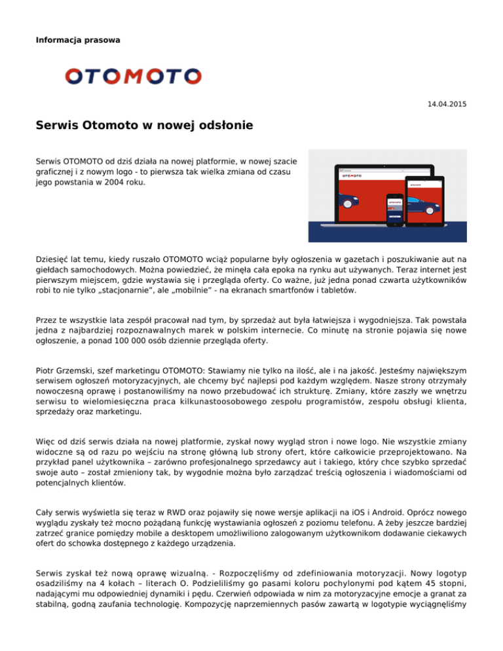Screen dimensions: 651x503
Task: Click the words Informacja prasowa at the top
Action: [x=78, y=40]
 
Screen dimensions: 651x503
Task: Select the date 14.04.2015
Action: [x=447, y=104]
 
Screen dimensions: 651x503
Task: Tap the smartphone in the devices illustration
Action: [x=394, y=208]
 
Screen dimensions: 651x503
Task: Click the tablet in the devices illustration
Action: [x=426, y=196]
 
